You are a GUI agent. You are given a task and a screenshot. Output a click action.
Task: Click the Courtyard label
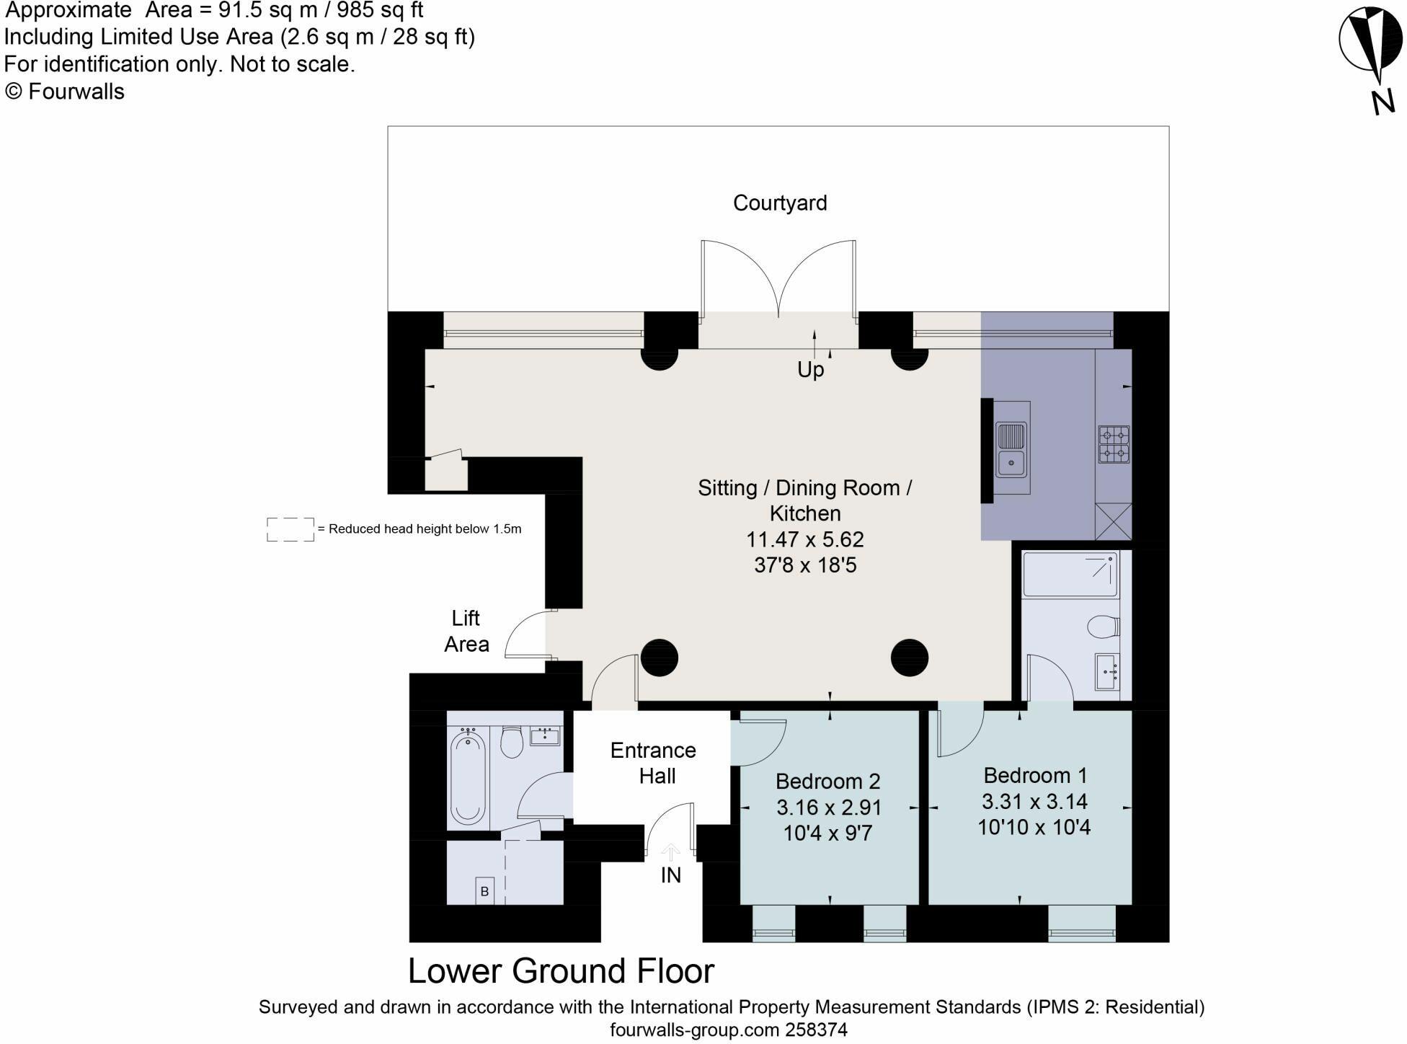[780, 203]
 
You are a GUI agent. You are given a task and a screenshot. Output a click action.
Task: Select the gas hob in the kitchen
[1114, 444]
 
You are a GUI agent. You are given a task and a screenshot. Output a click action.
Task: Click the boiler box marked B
[484, 891]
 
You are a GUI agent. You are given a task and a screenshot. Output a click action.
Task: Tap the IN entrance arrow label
[670, 875]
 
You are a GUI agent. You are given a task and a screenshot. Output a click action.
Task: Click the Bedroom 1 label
[1035, 776]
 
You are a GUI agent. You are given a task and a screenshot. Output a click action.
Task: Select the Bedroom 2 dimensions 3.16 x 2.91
[829, 808]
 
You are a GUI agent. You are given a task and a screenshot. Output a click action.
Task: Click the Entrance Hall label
[654, 763]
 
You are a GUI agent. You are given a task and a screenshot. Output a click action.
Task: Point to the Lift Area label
[466, 631]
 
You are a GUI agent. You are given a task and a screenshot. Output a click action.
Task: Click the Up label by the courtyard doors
[810, 370]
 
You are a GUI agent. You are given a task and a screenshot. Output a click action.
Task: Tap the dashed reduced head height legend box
[290, 529]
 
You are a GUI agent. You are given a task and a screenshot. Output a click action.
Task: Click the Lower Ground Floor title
[561, 971]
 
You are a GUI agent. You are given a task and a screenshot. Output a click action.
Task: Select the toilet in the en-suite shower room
[1103, 627]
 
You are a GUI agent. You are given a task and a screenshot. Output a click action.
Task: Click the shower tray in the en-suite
[1070, 575]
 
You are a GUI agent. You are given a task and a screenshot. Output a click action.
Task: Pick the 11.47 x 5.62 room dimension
[805, 539]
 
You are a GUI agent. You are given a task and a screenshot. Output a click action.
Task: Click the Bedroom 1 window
[1082, 924]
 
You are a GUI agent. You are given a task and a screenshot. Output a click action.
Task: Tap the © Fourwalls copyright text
[65, 92]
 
